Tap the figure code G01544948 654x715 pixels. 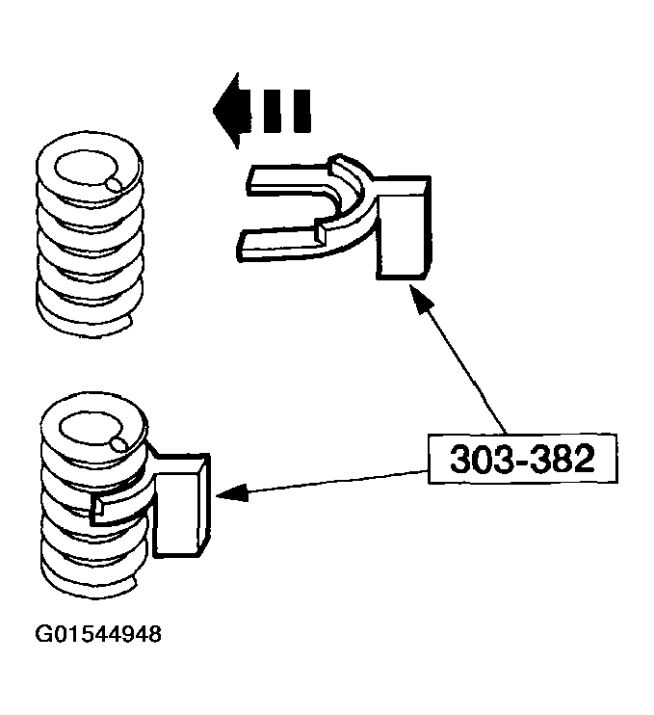[x=98, y=636]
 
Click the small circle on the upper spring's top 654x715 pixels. [x=115, y=182]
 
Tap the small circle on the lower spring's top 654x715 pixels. [x=118, y=443]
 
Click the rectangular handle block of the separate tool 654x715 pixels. [x=403, y=231]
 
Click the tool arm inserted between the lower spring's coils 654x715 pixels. [x=125, y=501]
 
